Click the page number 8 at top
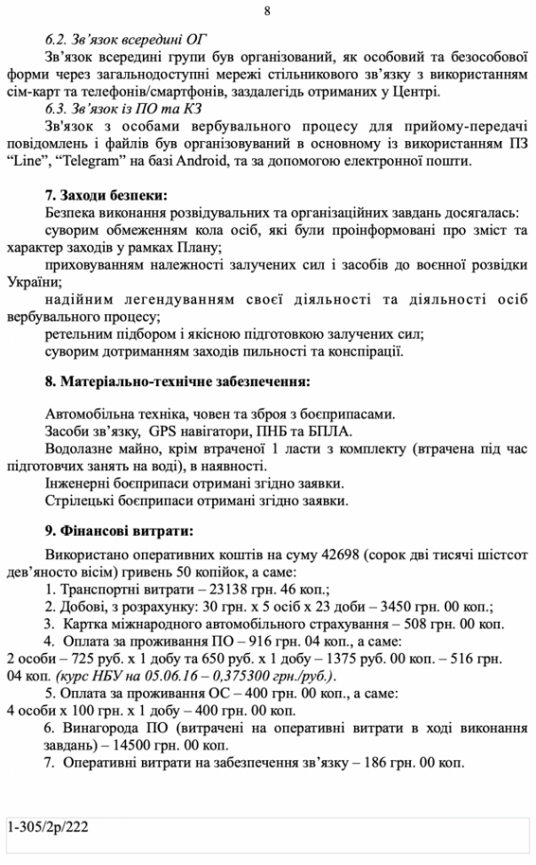268,12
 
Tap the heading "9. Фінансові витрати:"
118,531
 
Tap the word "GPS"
163,431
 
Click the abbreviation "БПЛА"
328,431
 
